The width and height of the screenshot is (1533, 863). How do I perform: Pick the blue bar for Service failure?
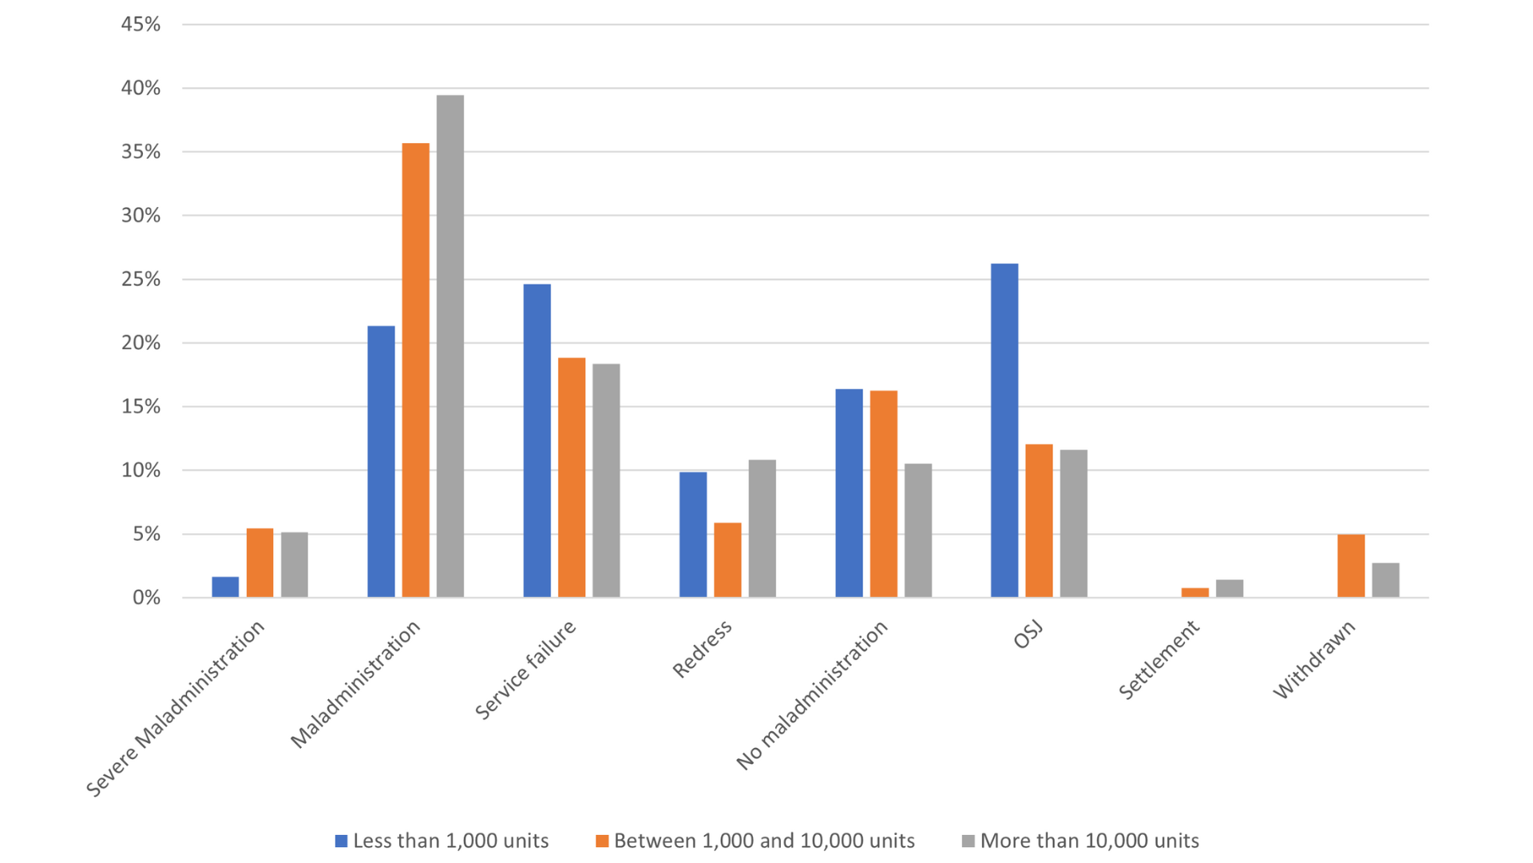537,440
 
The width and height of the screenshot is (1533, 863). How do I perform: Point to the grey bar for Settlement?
1230,588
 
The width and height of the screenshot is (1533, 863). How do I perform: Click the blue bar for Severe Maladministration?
225,587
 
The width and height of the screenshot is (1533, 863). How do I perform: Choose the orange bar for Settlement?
1195,592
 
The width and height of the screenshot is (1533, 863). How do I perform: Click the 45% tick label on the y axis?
141,25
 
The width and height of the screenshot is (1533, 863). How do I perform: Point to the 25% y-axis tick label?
141,280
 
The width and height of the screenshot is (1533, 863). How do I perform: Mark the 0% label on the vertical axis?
146,598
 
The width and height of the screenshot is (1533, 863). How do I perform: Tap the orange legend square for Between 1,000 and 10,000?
602,841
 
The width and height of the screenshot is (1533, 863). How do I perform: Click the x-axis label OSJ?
1028,635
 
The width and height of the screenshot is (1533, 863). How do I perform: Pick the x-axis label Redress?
703,650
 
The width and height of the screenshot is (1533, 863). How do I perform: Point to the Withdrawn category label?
1314,660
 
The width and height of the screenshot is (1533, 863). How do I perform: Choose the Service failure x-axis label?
525,670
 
